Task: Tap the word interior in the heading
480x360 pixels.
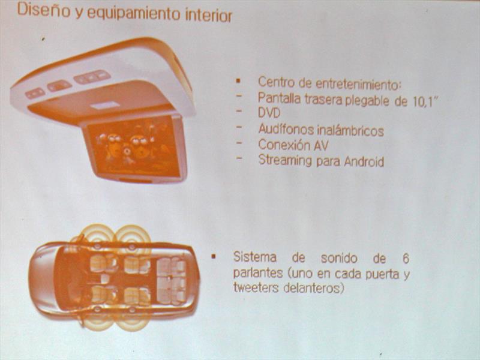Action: tap(209, 16)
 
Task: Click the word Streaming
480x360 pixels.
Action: tap(285, 160)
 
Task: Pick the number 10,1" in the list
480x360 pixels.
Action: tap(422, 101)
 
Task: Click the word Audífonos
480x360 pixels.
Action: tap(286, 129)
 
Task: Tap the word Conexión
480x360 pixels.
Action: tap(284, 145)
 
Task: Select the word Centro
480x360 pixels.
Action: tap(277, 82)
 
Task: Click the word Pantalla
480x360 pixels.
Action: tap(279, 98)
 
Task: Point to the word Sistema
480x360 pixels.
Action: tap(254, 257)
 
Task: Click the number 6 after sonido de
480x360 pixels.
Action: tap(406, 259)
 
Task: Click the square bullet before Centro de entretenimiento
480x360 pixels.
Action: tap(238, 82)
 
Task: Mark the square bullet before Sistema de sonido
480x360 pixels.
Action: tap(214, 256)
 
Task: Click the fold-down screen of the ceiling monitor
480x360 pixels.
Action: tap(134, 146)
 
